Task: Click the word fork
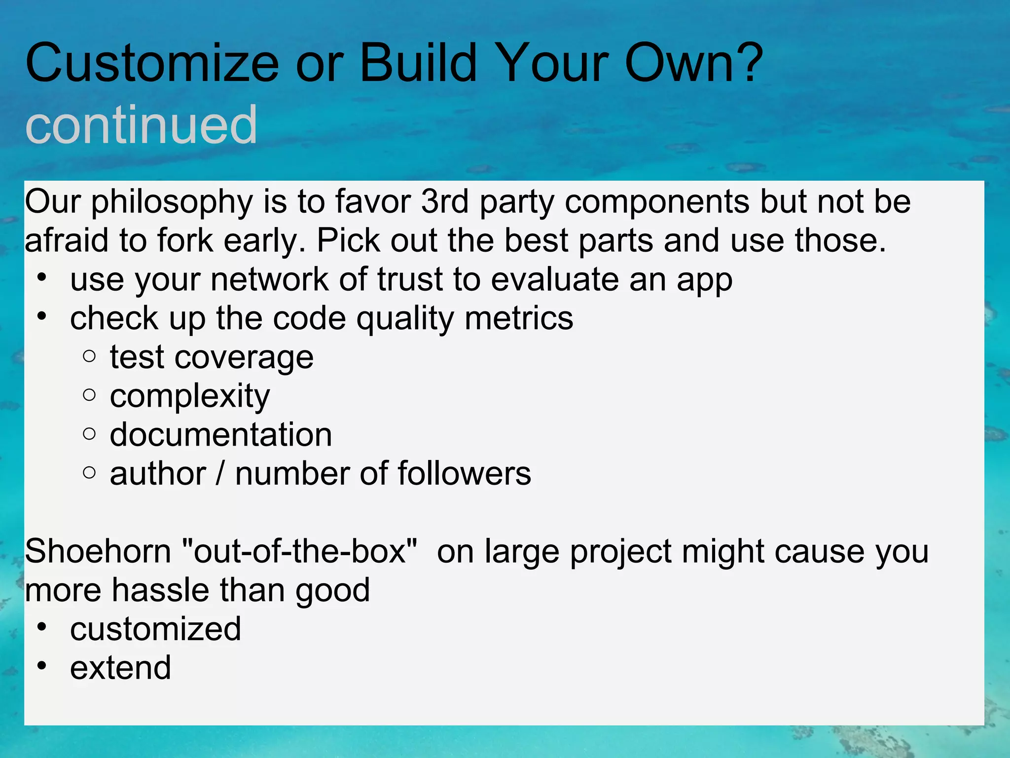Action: tap(185, 241)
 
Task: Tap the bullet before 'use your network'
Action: tap(42, 278)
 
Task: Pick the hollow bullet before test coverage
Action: tap(89, 356)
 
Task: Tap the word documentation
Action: tap(221, 435)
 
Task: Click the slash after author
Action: tap(220, 474)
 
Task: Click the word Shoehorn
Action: tap(98, 551)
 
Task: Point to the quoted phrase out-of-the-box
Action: tap(299, 551)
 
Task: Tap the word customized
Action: tap(155, 629)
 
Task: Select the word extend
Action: tap(120, 668)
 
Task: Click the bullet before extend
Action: tap(42, 666)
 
